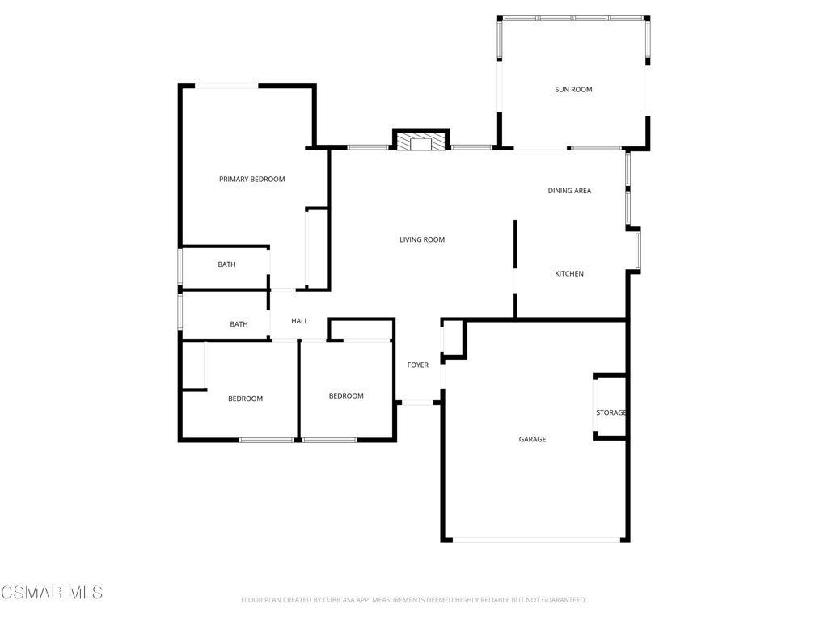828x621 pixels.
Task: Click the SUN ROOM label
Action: [573, 90]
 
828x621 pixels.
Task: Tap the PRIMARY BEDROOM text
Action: [252, 180]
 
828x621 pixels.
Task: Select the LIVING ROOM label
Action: [422, 239]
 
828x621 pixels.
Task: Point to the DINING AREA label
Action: [569, 191]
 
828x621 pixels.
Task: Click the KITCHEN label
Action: [569, 273]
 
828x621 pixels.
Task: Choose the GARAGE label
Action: [532, 439]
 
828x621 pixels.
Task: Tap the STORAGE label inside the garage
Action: [611, 413]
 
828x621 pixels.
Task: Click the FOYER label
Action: [418, 365]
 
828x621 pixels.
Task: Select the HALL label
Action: [299, 321]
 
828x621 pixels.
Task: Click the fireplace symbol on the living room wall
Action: [420, 142]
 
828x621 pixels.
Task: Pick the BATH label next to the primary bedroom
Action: [226, 264]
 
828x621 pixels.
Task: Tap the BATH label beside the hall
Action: [239, 324]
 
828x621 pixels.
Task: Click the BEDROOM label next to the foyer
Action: [346, 396]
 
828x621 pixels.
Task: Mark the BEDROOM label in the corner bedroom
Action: [246, 399]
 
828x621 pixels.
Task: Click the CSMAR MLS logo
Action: [52, 593]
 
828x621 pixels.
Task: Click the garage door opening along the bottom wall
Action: [537, 539]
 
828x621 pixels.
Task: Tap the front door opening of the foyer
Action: [418, 403]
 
